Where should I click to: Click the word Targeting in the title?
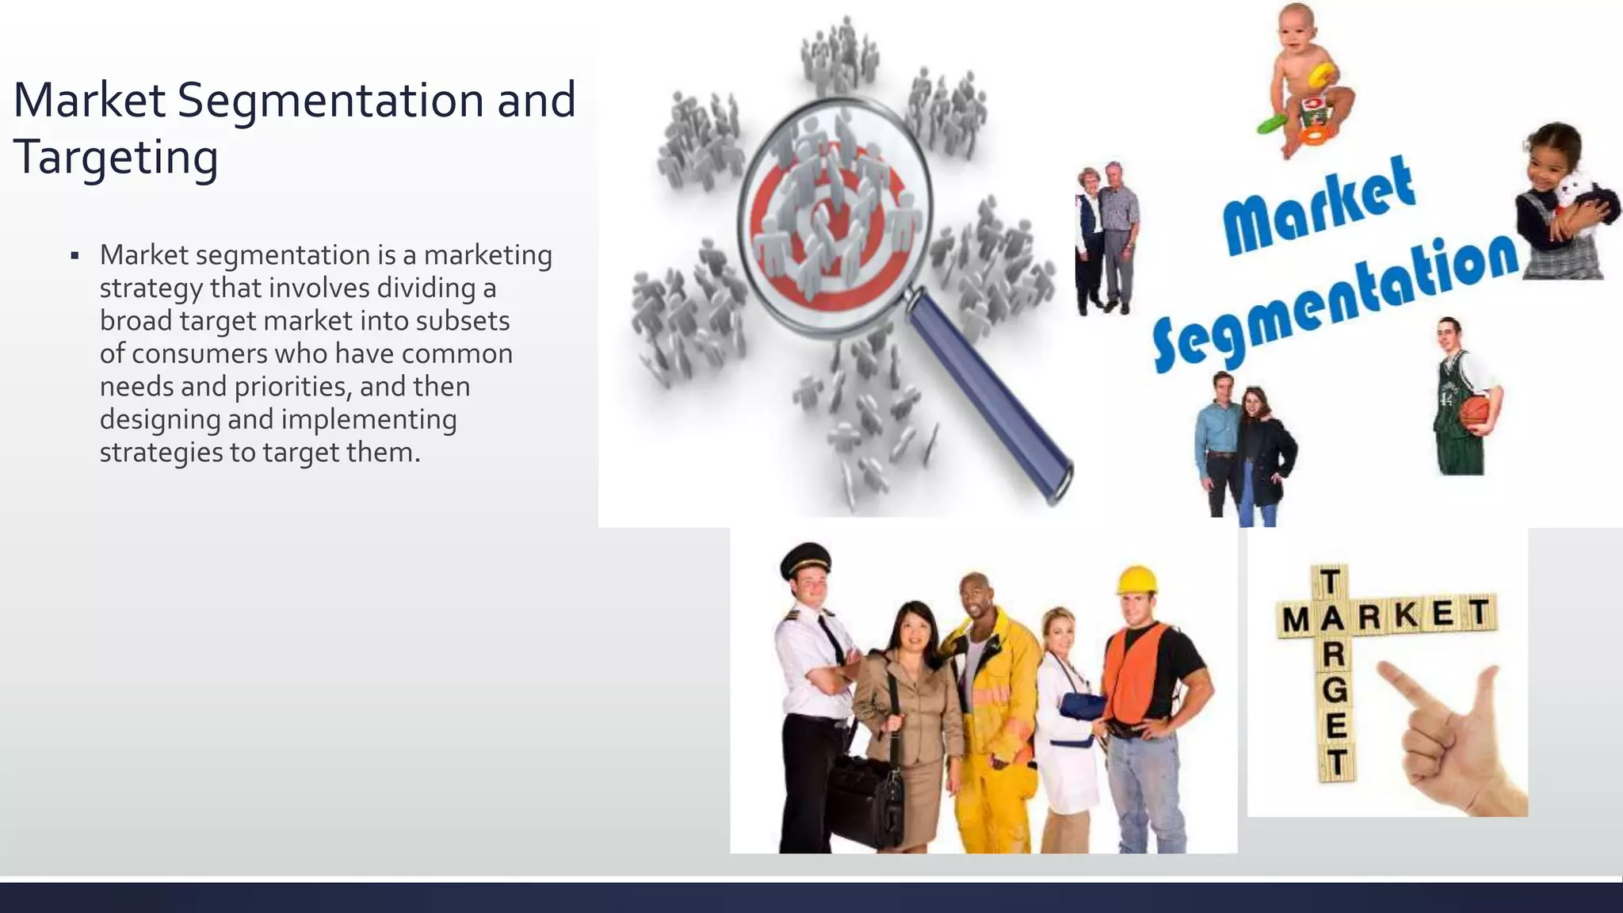(116, 157)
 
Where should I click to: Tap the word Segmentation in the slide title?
(330, 101)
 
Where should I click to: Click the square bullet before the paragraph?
(74, 256)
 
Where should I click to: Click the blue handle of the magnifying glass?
(991, 396)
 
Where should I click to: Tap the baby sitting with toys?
(1305, 79)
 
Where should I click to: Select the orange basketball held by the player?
(1475, 414)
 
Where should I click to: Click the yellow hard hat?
(1137, 580)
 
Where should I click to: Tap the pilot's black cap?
(805, 560)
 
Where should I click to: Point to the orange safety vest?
(1136, 674)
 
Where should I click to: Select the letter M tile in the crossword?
(1296, 621)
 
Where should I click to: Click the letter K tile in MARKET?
(1407, 615)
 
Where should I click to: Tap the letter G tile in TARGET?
(1335, 690)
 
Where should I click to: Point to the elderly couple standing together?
(1106, 238)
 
